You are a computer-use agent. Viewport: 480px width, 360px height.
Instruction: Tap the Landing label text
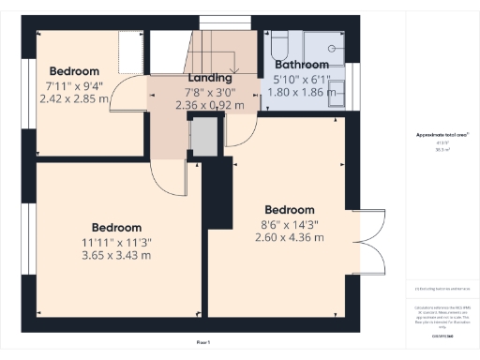pos(210,77)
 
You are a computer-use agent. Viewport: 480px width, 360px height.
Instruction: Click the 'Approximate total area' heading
pos(442,135)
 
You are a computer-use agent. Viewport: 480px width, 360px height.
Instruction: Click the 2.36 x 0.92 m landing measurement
pos(210,105)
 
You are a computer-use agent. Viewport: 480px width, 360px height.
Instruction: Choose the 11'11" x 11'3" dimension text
pos(117,242)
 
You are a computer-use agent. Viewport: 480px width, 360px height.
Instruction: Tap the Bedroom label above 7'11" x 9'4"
pos(74,71)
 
